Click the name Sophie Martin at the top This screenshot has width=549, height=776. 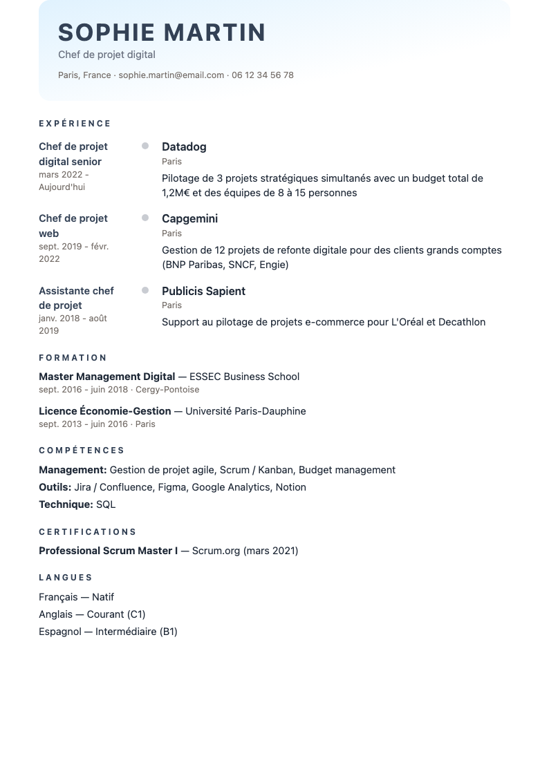(162, 32)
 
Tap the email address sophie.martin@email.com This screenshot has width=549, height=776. (171, 75)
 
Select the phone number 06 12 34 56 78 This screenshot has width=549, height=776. (263, 75)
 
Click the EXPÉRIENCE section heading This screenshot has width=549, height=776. (75, 124)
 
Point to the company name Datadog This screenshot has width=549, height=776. (184, 146)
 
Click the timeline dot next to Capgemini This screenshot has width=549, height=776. (145, 218)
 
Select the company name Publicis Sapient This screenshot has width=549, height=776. (203, 291)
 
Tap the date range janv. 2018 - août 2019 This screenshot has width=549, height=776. (73, 325)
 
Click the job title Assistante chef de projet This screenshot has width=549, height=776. (76, 298)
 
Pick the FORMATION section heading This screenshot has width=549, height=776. (73, 358)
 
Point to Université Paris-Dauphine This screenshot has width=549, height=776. (245, 411)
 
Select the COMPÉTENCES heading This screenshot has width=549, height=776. (82, 451)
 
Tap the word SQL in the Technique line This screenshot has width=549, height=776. (106, 504)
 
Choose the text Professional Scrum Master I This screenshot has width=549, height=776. (108, 551)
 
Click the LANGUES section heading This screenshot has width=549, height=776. (66, 578)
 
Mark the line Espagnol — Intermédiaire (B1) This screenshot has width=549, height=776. (108, 632)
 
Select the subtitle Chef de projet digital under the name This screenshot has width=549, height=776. (106, 55)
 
